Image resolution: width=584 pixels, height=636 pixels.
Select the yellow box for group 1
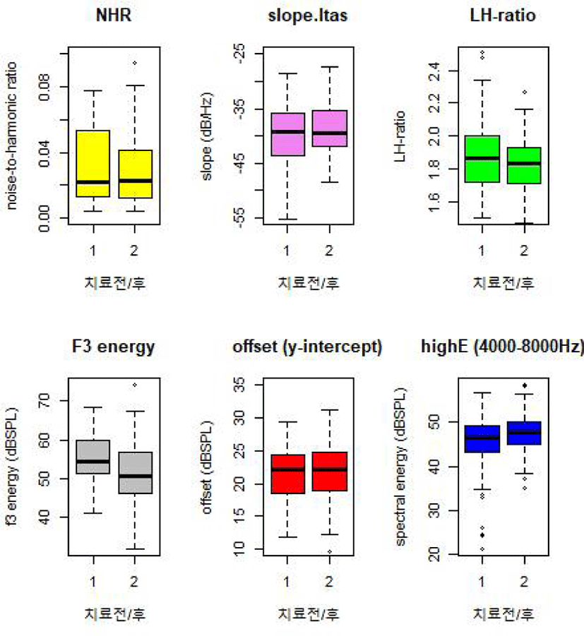[x=94, y=164]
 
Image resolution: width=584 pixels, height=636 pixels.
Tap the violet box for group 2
[x=328, y=128]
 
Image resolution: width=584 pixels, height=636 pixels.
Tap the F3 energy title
[x=114, y=347]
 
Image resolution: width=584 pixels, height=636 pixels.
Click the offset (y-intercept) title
[x=307, y=347]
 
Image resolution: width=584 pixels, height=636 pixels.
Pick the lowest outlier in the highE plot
[x=482, y=548]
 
